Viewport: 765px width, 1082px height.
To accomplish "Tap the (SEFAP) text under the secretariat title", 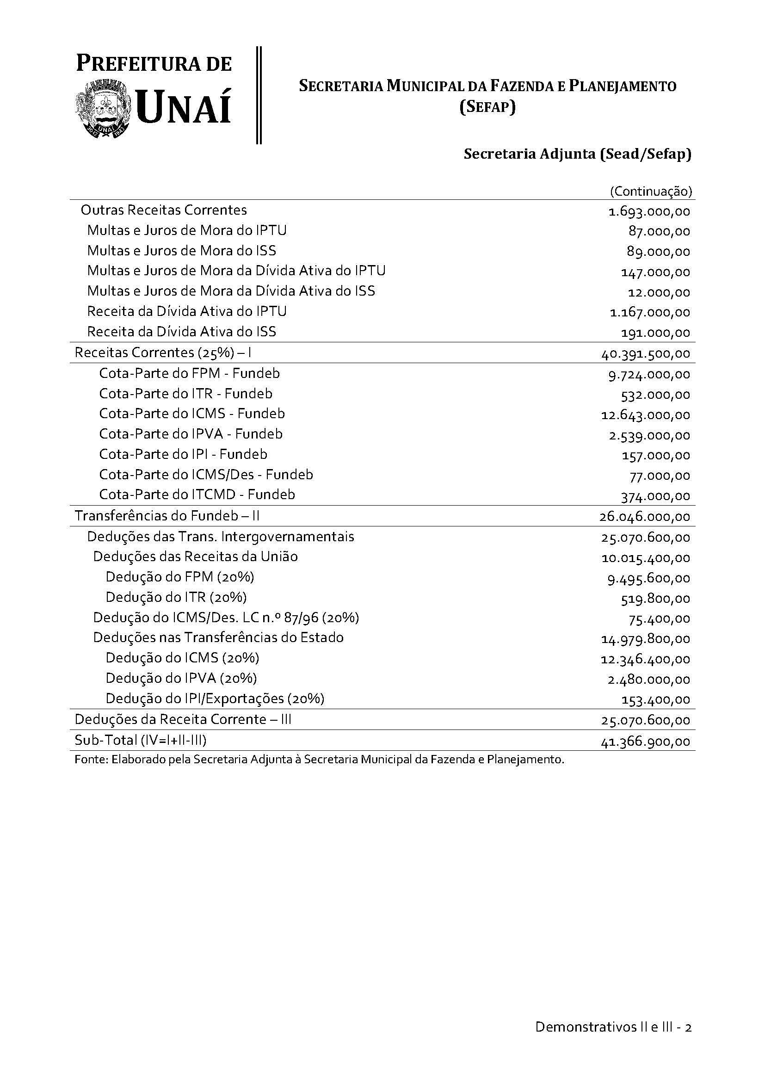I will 487,107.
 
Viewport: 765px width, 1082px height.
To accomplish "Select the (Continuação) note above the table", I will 651,192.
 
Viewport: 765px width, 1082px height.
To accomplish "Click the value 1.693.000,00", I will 649,211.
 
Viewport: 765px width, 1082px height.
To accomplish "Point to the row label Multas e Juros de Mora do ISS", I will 182,250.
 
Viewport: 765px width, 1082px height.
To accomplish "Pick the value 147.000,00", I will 655,272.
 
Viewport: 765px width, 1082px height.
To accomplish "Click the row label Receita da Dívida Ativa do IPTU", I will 187,311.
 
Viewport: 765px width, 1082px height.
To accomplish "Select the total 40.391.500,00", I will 645,354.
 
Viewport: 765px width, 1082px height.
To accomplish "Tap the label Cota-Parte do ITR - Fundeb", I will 185,394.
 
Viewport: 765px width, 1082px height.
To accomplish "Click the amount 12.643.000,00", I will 645,415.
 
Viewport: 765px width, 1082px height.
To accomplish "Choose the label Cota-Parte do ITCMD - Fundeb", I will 197,495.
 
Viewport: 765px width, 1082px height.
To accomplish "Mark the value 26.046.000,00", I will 644,517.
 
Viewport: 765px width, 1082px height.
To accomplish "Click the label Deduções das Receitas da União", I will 196,556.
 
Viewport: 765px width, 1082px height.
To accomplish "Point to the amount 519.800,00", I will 655,599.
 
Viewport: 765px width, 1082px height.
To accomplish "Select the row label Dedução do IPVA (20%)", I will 181,678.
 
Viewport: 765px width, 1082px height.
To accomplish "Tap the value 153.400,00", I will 655,700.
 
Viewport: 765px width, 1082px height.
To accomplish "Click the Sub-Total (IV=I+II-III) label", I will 141,740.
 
